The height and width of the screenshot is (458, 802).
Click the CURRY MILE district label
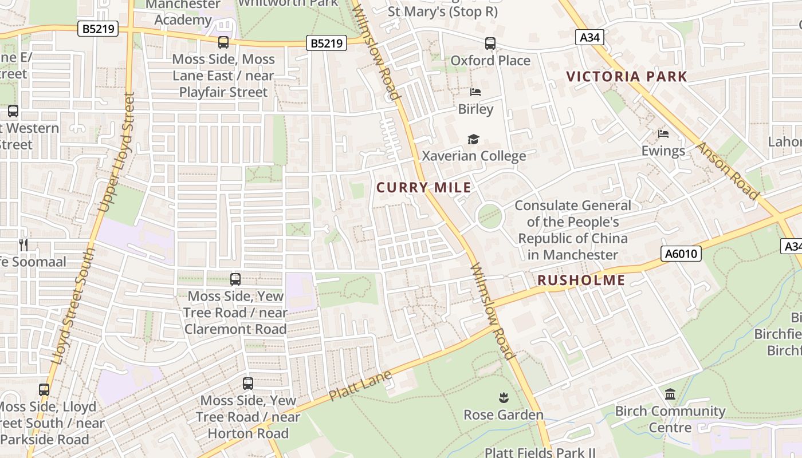pyautogui.click(x=424, y=187)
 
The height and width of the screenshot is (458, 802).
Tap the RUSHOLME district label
pyautogui.click(x=581, y=280)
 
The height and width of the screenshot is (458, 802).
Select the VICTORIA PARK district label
pyautogui.click(x=626, y=76)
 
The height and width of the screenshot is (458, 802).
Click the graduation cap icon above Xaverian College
pyautogui.click(x=473, y=139)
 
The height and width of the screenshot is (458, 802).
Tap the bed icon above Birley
pyautogui.click(x=475, y=92)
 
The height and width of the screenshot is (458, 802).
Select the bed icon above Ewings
pyautogui.click(x=663, y=134)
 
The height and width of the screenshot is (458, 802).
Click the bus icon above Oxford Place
pyautogui.click(x=490, y=44)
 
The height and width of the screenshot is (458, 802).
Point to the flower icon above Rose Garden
pyautogui.click(x=503, y=397)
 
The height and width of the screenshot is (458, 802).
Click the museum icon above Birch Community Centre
pyautogui.click(x=670, y=394)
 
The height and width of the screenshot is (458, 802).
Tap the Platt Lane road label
pyautogui.click(x=360, y=385)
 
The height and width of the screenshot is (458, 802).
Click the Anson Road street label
pyautogui.click(x=728, y=171)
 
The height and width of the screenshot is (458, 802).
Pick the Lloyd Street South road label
pyautogui.click(x=73, y=307)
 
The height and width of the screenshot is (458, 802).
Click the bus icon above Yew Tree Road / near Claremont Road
pyautogui.click(x=235, y=279)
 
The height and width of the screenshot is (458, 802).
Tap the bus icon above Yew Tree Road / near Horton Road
pyautogui.click(x=248, y=384)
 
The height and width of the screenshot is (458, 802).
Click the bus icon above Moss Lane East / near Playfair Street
pyautogui.click(x=223, y=42)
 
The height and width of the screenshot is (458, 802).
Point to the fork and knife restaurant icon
pyautogui.click(x=23, y=245)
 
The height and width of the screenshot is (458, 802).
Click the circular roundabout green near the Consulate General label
pyautogui.click(x=490, y=216)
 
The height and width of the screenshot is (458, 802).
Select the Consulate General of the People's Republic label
pyautogui.click(x=572, y=230)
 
